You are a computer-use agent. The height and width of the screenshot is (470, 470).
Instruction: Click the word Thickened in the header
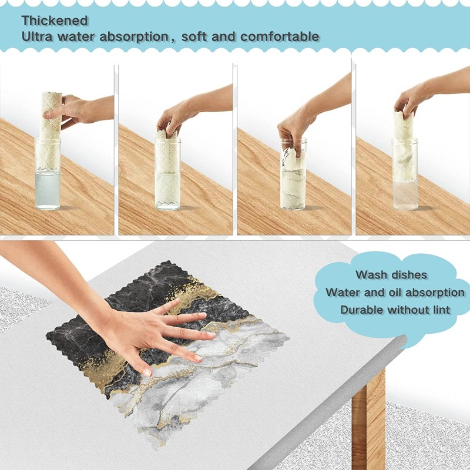point(55,21)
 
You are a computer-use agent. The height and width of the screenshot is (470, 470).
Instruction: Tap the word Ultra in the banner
point(37,36)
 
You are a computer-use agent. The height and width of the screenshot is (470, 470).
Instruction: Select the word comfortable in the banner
point(280,36)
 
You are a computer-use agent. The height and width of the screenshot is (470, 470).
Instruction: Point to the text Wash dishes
point(391,275)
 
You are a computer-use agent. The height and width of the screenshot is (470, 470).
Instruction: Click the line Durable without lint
point(395,310)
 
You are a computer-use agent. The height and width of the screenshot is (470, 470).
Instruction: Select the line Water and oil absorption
point(395,292)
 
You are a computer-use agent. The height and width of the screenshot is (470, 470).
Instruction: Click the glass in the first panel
point(48,174)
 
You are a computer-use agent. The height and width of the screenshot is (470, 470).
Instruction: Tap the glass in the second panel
point(167,174)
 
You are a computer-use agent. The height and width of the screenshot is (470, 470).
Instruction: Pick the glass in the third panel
point(293,174)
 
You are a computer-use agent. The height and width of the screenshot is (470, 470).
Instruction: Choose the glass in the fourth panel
point(405,174)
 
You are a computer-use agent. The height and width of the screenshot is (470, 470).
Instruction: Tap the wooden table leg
point(368,419)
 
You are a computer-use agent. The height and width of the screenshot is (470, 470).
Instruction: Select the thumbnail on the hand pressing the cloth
point(147,372)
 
